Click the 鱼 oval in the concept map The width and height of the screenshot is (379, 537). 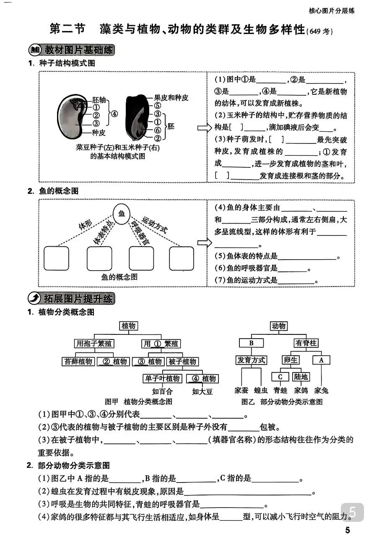coord(122,214)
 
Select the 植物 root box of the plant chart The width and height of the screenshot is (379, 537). coord(129,326)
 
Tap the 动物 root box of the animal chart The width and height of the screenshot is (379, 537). coord(278,326)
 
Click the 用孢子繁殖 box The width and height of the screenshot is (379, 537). coord(94,344)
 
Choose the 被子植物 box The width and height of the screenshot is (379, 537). coord(182,361)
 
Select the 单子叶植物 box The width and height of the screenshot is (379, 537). coord(163,378)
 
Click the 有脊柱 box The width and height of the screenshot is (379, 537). coord(306,343)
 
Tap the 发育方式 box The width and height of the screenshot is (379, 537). coord(252,360)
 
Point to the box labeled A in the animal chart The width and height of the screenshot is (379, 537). coord(321,360)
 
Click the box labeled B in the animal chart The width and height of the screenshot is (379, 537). coord(252,343)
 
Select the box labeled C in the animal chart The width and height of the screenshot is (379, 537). coord(280,377)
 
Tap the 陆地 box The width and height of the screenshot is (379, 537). coord(301,377)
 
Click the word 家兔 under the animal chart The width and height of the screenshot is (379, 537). coord(321,391)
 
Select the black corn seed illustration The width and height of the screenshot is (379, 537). coord(137,116)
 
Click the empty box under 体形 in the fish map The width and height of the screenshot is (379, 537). coord(56,258)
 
